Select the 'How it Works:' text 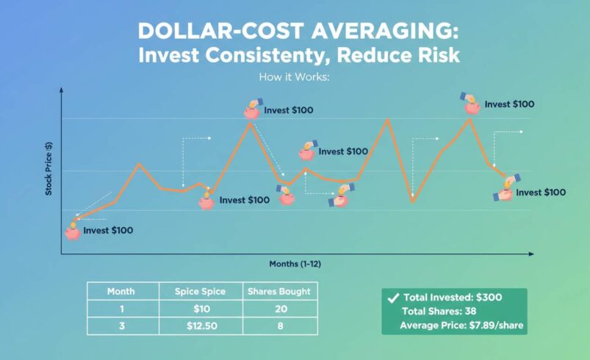pos(295,76)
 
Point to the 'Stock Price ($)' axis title pos(49,168)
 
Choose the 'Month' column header pos(120,292)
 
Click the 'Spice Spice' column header pos(199,292)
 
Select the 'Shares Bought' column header pos(278,292)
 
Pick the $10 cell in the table pos(199,309)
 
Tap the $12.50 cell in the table pos(199,326)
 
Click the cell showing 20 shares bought pos(278,309)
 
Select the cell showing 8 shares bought pos(278,326)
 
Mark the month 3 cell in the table pos(120,326)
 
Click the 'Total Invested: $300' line pos(453,298)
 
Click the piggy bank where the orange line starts pos(72,232)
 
